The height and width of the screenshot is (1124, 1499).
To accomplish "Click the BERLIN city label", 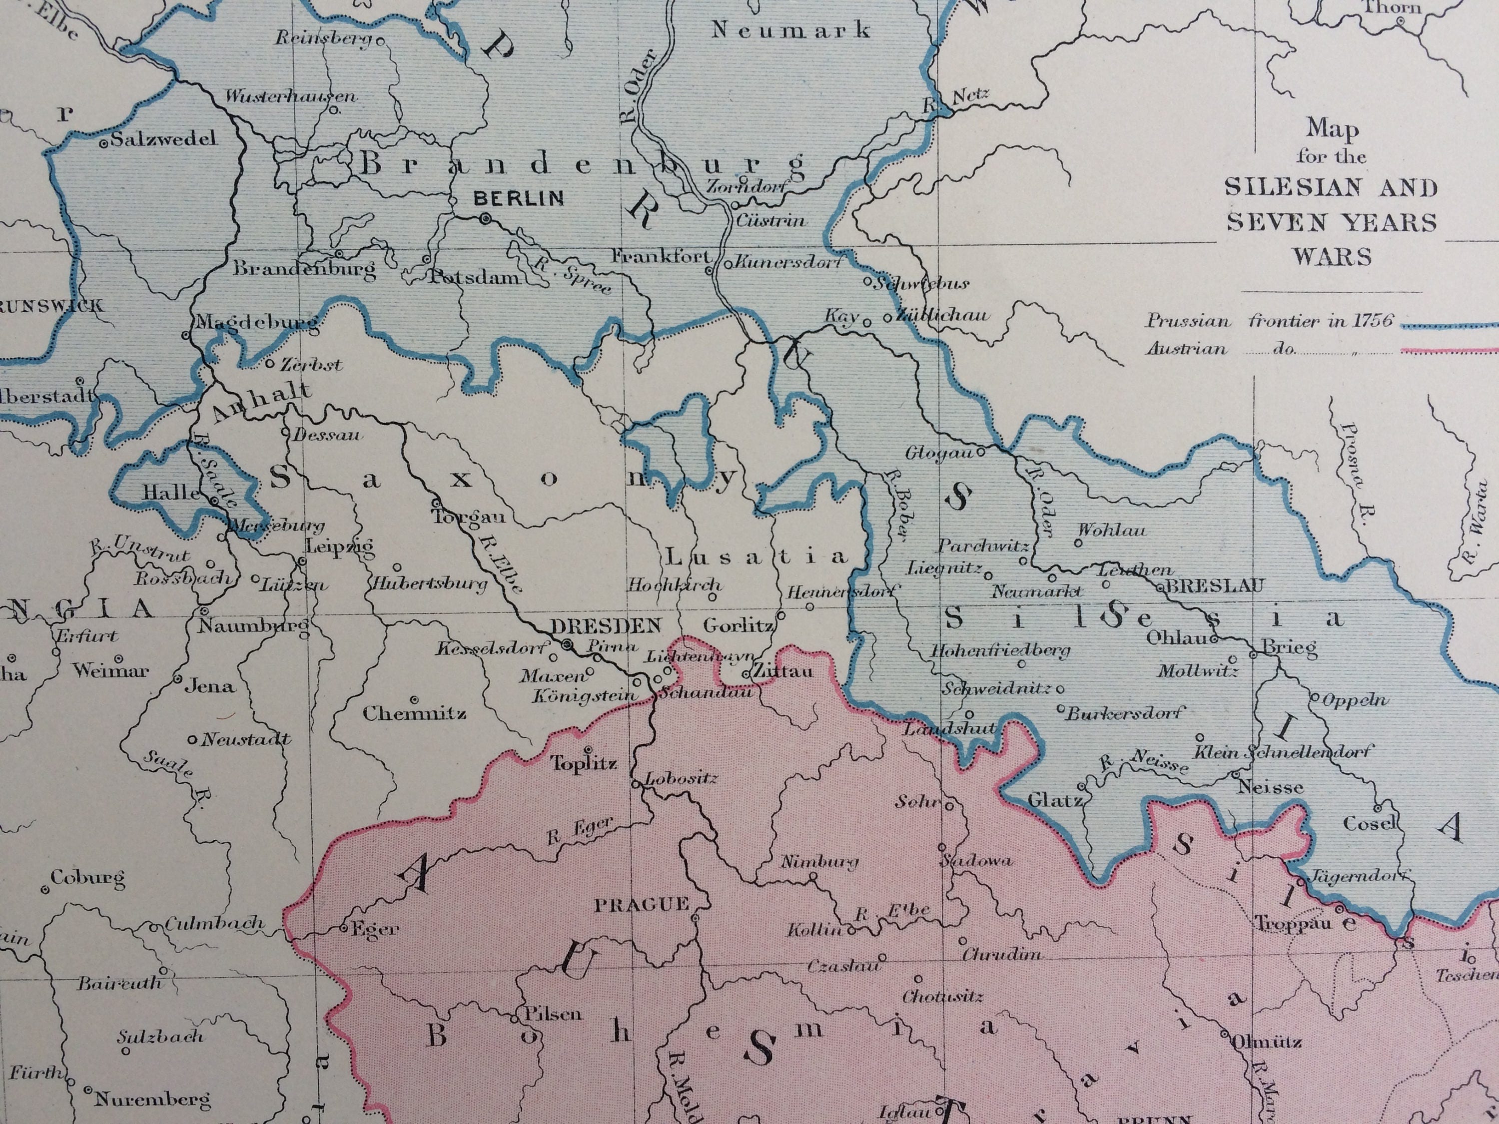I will click(519, 198).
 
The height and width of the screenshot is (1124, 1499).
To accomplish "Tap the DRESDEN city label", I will click(606, 625).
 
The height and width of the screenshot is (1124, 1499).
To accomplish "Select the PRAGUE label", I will click(642, 904).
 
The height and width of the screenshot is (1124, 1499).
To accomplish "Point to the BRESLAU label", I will click(1214, 586).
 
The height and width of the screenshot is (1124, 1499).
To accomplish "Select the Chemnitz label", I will click(414, 713).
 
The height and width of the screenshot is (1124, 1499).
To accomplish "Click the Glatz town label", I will click(1054, 800).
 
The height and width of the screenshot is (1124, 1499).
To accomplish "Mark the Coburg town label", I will click(87, 878).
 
